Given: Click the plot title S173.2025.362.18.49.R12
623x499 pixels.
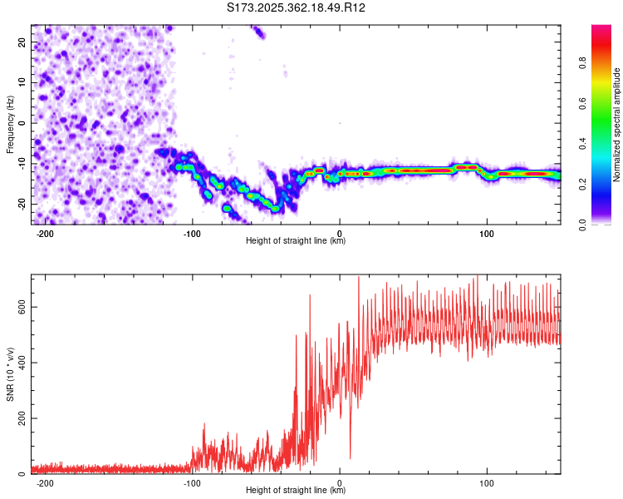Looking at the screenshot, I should [297, 8].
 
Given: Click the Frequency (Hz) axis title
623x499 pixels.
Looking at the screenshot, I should [10, 124].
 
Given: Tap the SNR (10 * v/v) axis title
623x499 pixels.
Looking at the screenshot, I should [10, 373].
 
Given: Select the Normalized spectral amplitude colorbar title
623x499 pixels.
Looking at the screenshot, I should [617, 125].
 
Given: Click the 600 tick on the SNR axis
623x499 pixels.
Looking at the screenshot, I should [20, 307].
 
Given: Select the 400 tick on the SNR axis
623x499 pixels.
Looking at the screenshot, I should [20, 363].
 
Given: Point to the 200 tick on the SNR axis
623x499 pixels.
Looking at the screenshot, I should [20, 418].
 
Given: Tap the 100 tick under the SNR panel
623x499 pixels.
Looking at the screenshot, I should [487, 482].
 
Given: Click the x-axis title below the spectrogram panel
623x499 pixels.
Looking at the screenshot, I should [296, 241].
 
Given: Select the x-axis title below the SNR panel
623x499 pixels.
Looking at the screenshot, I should [296, 491].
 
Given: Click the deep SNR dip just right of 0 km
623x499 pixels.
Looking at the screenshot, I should [350, 457].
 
